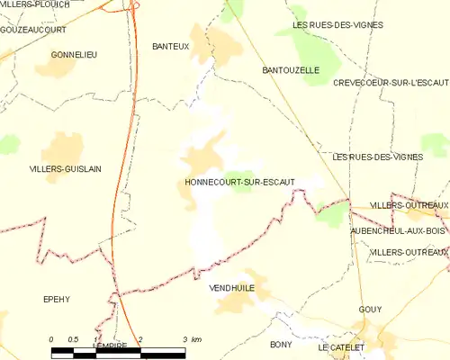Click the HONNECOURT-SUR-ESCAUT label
239,182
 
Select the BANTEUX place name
170,47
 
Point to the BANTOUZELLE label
291,69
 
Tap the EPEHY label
56,299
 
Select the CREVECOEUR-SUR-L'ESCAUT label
390,83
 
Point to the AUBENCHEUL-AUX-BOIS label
399,231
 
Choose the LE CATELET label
341,347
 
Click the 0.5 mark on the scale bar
73,338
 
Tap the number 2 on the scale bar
140,338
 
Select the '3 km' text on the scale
190,338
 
